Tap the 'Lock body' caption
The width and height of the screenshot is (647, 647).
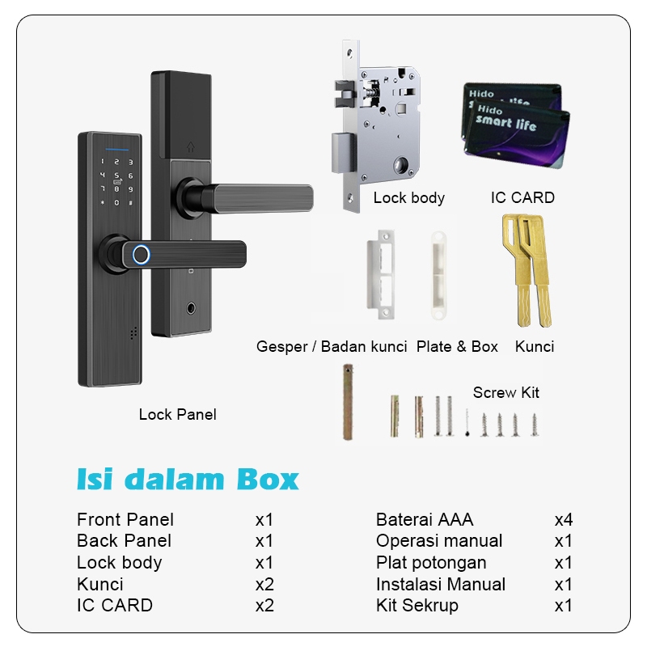tap(408, 197)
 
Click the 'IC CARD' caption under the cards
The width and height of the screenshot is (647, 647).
tap(522, 197)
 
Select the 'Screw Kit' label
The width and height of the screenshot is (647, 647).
tap(506, 392)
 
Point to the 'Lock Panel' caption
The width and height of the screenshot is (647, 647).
tap(178, 414)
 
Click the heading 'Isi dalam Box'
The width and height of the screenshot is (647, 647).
tap(188, 479)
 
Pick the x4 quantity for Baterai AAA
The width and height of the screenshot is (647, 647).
tap(564, 519)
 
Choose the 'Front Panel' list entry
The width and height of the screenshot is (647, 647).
tap(125, 519)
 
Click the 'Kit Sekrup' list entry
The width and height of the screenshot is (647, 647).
tap(417, 605)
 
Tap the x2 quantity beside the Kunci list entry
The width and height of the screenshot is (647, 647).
tap(264, 584)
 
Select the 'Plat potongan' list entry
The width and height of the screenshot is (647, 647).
tap(431, 562)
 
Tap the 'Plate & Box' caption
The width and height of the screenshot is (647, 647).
tap(457, 346)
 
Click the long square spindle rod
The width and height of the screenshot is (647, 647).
tap(348, 402)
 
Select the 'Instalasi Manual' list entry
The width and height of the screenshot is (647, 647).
tap(441, 584)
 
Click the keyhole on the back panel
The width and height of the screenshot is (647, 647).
tap(191, 309)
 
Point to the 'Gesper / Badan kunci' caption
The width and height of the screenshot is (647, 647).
tap(332, 346)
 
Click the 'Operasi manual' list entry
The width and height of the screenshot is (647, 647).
tap(439, 540)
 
